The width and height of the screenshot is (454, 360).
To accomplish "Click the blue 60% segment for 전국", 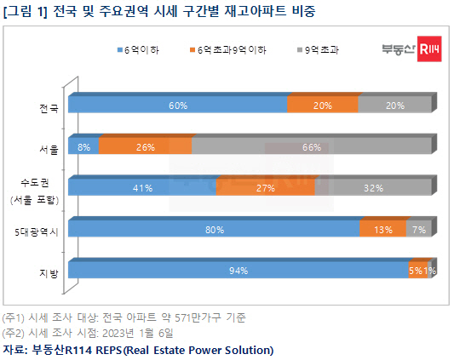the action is (177, 105).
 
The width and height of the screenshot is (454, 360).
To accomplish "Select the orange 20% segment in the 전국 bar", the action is (323, 105).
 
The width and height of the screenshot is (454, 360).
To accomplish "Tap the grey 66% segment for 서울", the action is (312, 146).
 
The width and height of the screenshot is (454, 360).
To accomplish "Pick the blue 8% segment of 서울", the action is (83, 146).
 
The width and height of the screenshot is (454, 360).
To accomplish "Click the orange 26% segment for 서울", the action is (145, 146).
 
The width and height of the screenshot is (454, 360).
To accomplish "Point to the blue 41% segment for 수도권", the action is (142, 187).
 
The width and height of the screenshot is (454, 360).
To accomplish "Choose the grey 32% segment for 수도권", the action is (373, 187).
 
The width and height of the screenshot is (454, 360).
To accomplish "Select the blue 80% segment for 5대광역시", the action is (214, 229).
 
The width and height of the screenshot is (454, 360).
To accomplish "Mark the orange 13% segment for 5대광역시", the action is (382, 229).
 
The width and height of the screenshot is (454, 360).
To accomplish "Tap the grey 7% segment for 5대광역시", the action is (419, 229).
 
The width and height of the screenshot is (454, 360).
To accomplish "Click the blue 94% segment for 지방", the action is (238, 270).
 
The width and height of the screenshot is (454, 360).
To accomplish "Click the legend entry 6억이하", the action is (138, 50).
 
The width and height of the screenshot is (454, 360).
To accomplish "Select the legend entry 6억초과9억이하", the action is (228, 50).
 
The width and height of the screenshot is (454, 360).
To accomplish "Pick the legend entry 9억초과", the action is (319, 50).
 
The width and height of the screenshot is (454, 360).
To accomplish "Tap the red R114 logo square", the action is (429, 49).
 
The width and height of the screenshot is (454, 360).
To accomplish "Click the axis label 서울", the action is (49, 150).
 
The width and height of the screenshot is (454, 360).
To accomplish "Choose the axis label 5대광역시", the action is (37, 231).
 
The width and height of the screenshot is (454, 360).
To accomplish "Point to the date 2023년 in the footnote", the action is (118, 333).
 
